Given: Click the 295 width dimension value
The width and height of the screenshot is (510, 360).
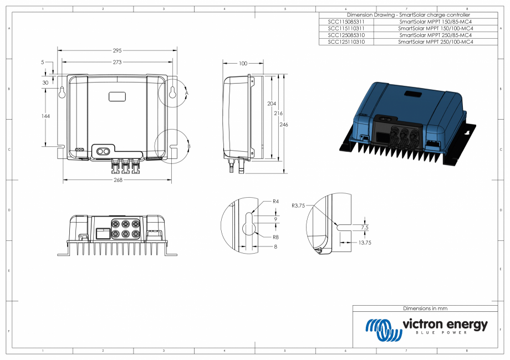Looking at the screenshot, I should pos(117,50).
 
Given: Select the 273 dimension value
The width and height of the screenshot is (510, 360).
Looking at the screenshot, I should pos(117,63).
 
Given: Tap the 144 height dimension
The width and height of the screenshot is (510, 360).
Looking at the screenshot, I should pos(45,116).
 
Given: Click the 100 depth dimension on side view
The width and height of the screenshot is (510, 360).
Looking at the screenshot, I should pos(243,64).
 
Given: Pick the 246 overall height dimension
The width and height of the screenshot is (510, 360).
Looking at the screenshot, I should pos(284,125).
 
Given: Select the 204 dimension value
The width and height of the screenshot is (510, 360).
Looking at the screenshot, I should pos(271,104).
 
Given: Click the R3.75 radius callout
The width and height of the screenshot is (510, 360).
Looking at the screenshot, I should pos(299,205).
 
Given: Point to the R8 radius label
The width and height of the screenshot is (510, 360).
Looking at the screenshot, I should pos(275,236).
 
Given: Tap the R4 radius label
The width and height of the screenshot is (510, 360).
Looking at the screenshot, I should pos(276,202).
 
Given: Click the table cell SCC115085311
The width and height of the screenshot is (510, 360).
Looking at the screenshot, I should pos(346,21).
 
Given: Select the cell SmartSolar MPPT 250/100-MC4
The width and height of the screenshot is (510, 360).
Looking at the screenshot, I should pos(435,42).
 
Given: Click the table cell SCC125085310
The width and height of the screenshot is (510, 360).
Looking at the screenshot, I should pos(346,35).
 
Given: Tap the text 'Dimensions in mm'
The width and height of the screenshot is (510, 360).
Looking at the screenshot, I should pos(425,308).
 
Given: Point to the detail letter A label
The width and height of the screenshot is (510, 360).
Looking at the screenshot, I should pos(187,94).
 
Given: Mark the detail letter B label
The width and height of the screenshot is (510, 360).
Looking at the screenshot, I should pos(189,146).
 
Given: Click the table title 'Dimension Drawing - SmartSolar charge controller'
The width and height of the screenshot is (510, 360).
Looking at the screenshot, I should pos(408,14).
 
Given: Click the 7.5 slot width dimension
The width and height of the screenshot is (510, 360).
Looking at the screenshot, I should pos(364,227).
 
